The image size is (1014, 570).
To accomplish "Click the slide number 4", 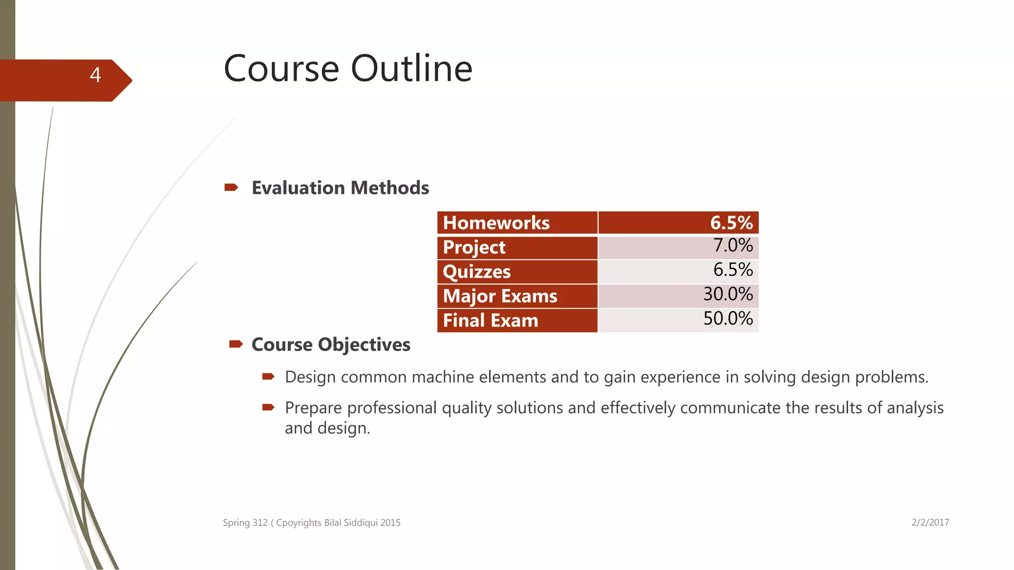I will point(96,75).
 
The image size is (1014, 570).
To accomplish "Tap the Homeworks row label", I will point(496,223).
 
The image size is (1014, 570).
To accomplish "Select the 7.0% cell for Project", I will point(733,246).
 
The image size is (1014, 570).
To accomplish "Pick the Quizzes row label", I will point(477,272).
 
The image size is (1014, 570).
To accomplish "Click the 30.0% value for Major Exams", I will point(728,294).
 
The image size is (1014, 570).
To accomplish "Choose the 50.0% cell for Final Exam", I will point(728,319).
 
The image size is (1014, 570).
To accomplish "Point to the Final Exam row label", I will point(490,321).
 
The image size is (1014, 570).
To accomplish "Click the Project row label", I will point(474,247).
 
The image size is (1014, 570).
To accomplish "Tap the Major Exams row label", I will point(500,296).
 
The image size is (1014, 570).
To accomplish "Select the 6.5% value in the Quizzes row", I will point(733,270).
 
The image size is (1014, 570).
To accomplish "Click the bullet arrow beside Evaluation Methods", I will point(231,188).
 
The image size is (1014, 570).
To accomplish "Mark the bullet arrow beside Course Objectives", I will point(236,344).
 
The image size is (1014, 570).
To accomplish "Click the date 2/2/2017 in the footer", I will point(930,522).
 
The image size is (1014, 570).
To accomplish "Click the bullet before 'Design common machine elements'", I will point(268,377).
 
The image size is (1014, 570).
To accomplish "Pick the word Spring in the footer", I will point(236,523).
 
